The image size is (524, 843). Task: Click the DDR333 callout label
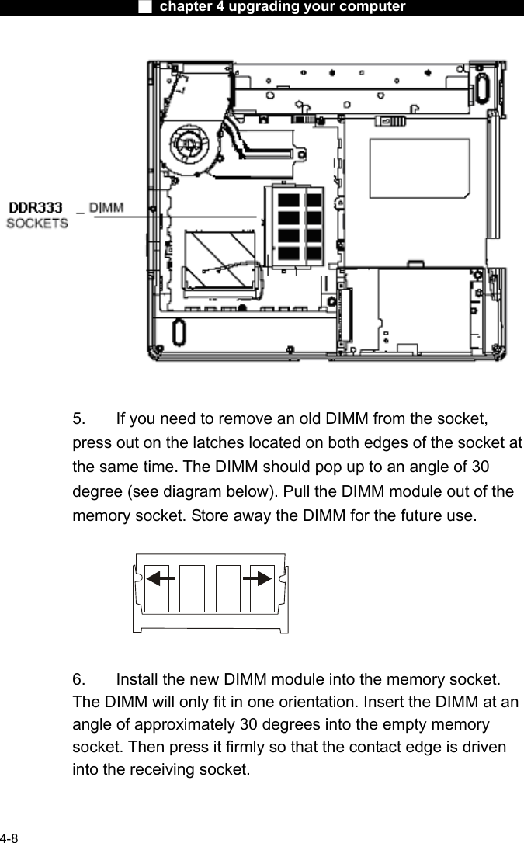pos(35,209)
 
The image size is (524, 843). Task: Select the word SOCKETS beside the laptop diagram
pos(37,224)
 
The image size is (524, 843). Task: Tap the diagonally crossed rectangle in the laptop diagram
pos(220,256)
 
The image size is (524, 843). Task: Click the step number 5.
pos(79,420)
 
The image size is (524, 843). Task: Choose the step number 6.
pos(79,680)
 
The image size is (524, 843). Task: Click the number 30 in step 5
pos(478,467)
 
